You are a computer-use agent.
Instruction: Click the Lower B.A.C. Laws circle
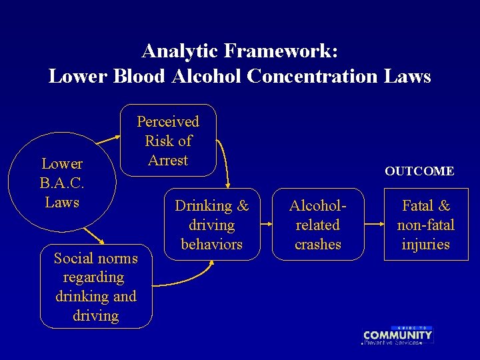(62, 183)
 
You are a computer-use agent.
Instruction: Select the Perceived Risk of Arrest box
(168, 141)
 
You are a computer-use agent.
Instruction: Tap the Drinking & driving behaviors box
(211, 225)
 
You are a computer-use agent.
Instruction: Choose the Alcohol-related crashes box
(318, 225)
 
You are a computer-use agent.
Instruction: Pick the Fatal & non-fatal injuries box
(425, 225)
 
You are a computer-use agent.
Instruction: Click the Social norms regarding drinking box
(96, 287)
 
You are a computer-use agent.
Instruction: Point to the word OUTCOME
(419, 171)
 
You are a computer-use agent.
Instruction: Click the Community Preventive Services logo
(397, 335)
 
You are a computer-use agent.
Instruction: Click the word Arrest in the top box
(168, 160)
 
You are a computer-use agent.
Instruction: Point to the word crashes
(318, 245)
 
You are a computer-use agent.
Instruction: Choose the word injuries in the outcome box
(425, 245)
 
